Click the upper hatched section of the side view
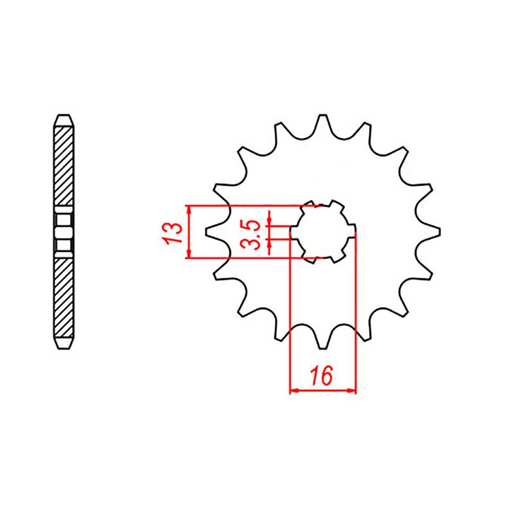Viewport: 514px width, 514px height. pyautogui.click(x=64, y=165)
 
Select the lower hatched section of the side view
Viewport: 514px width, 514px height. pyautogui.click(x=64, y=297)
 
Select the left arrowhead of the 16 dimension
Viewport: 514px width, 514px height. pyautogui.click(x=294, y=391)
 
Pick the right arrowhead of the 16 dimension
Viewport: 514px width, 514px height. pyautogui.click(x=351, y=391)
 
